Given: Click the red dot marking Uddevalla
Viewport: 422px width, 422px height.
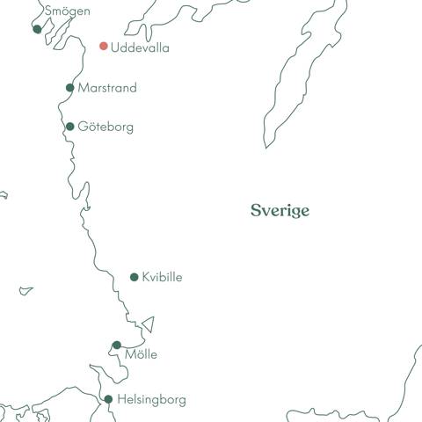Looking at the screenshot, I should (104, 46).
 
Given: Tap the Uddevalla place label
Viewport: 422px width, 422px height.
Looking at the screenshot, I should (140, 47).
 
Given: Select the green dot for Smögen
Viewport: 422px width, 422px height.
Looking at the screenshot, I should (37, 29).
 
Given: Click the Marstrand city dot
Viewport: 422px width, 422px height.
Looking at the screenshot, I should (70, 87).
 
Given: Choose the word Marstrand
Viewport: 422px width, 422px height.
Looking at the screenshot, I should (107, 88).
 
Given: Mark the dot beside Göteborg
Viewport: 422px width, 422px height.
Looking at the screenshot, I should (70, 127).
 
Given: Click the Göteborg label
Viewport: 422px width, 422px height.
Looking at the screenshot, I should (105, 127).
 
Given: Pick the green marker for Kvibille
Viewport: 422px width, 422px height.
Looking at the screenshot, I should (135, 277).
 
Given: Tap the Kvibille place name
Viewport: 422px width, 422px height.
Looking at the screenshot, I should (162, 277).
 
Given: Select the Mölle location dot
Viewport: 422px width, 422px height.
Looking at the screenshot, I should (117, 346).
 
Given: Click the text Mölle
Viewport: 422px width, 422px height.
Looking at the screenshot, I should (141, 354).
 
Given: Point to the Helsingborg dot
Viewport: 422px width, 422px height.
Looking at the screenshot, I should (108, 399).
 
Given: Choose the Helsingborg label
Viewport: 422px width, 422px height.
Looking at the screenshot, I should (151, 400).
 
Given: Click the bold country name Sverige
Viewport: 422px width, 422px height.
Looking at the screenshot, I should (280, 211).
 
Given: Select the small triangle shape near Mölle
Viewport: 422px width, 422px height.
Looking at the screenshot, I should (149, 324).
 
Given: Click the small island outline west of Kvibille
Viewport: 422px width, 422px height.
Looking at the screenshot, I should (26, 290).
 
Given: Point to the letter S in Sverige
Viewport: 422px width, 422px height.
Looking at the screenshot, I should (255, 211).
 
